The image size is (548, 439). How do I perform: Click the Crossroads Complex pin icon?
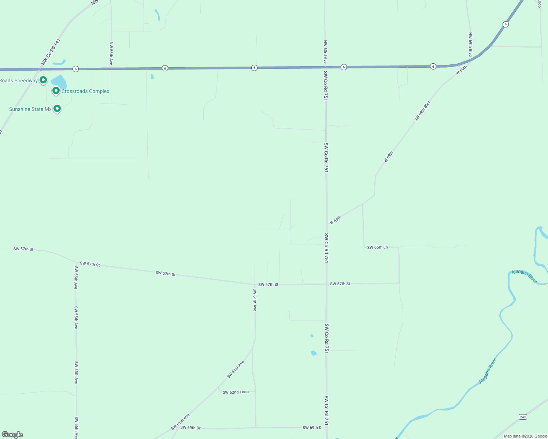pyautogui.click(x=56, y=90)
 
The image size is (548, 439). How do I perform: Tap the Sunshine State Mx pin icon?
pyautogui.click(x=57, y=108)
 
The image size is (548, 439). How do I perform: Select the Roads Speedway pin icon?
pyautogui.click(x=43, y=79)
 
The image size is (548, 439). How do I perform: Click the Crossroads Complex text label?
pyautogui.click(x=85, y=91)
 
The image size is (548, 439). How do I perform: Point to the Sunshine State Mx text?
pyautogui.click(x=30, y=109)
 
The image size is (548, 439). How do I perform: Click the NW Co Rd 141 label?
pyautogui.click(x=51, y=52)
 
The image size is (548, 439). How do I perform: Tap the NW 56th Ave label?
pyautogui.click(x=111, y=53)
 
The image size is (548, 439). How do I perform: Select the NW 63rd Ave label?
pyautogui.click(x=325, y=52)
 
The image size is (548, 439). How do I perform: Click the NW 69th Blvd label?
pyautogui.click(x=470, y=44)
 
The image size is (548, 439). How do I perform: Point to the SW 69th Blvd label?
pyautogui.click(x=422, y=111)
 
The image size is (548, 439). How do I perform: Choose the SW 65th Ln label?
pyautogui.click(x=377, y=247)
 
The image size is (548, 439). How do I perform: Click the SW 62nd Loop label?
pyautogui.click(x=236, y=392)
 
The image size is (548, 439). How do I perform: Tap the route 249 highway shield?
pyautogui.click(x=523, y=417)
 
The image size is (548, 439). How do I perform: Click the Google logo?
pyautogui.click(x=12, y=435)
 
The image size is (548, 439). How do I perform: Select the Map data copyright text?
pyautogui.click(x=525, y=436)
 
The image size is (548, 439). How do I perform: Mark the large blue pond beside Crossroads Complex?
pyautogui.click(x=59, y=82)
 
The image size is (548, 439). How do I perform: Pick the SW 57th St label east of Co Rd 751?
pyautogui.click(x=340, y=284)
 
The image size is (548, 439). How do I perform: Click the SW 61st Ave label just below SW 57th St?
pyautogui.click(x=255, y=300)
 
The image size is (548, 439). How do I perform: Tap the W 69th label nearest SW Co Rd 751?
pyautogui.click(x=336, y=220)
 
